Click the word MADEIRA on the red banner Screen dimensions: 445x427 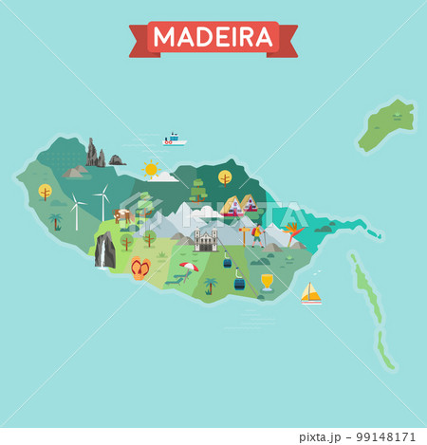tap(213, 38)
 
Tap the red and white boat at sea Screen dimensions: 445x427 tap(173, 139)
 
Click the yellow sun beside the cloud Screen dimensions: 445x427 tap(150, 170)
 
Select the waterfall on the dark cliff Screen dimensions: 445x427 tap(104, 251)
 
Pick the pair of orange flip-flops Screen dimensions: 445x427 tap(140, 268)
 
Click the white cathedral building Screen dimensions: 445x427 tap(205, 239)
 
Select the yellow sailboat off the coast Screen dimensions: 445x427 tap(311, 293)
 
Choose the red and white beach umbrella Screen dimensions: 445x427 tap(190, 268)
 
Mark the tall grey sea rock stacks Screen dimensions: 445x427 tap(95, 153)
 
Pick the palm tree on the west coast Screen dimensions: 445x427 tap(55, 221)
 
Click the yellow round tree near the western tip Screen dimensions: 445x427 tap(45, 192)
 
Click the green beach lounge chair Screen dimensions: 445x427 tap(175, 280)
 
